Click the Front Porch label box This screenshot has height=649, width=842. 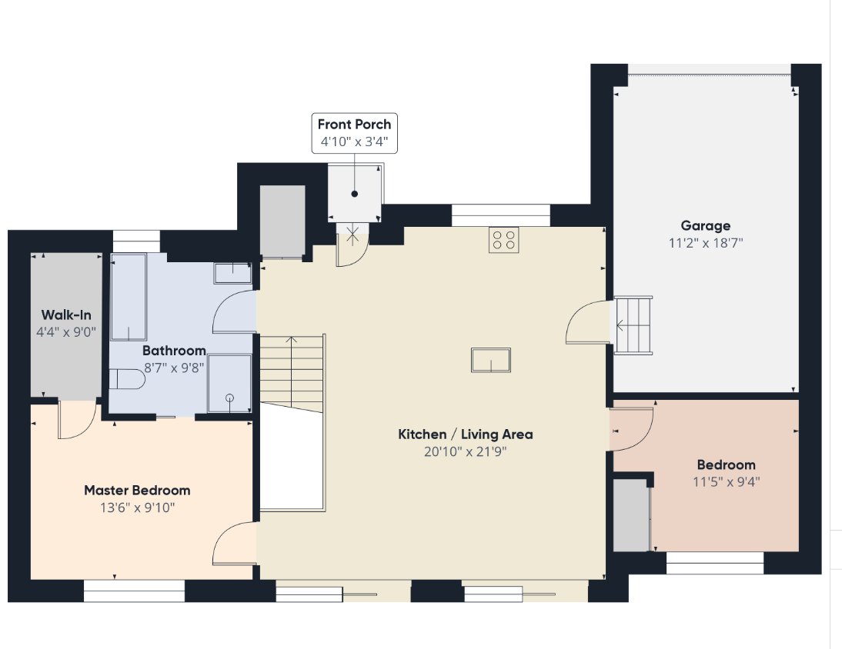pyautogui.click(x=354, y=133)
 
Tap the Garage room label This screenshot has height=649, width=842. pyautogui.click(x=706, y=226)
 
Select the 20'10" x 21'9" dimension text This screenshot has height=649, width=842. pyautogui.click(x=465, y=451)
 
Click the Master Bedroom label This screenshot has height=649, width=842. pyautogui.click(x=138, y=491)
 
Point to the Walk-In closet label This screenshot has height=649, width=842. pyautogui.click(x=66, y=315)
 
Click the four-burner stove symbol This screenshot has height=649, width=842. pyautogui.click(x=503, y=240)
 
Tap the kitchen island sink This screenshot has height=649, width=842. pyautogui.click(x=491, y=360)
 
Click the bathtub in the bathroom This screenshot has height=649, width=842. pyautogui.click(x=129, y=297)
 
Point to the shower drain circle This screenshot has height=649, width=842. pyautogui.click(x=230, y=398)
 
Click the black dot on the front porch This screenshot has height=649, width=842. pyautogui.click(x=354, y=195)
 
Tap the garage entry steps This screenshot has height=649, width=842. pyautogui.click(x=633, y=325)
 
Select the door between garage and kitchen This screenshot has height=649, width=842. pyautogui.click(x=588, y=322)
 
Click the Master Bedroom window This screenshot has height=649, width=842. pyautogui.click(x=134, y=591)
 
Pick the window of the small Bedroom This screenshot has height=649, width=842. pyautogui.click(x=715, y=563)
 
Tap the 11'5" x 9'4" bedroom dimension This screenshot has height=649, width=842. pyautogui.click(x=726, y=482)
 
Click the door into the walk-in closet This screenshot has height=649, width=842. pyautogui.click(x=77, y=420)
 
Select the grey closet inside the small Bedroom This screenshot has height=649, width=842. pyautogui.click(x=631, y=515)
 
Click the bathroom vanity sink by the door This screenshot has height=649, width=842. pyautogui.click(x=232, y=273)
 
